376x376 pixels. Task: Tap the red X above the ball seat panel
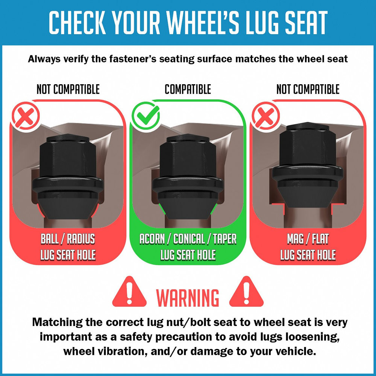pos(26,116)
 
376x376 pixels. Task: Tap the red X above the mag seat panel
pos(265,116)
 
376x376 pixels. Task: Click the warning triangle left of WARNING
pos(129,292)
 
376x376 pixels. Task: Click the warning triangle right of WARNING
pos(246,292)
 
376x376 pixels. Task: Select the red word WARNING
pos(188,297)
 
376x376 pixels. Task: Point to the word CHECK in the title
pos(77,23)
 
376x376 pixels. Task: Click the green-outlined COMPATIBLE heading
pos(188,89)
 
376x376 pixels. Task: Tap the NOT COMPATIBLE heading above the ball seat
pos(68,89)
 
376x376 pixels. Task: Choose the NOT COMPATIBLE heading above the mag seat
pos(308,89)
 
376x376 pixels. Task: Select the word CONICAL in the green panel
pos(188,239)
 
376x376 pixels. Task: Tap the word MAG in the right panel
pos(295,239)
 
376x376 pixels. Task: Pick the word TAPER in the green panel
pos(225,239)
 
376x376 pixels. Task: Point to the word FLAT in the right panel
pos(321,239)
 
